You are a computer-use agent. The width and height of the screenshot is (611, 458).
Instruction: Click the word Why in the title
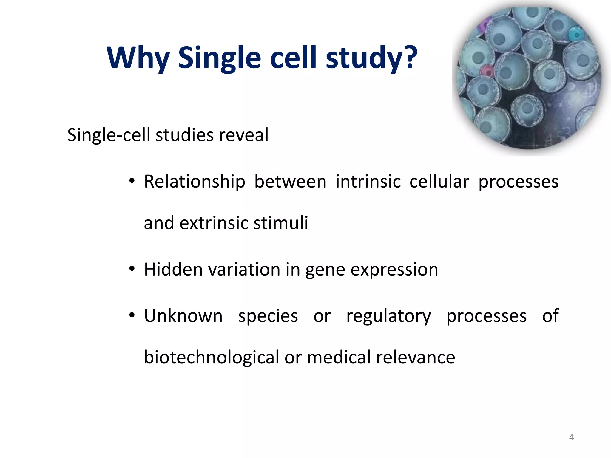pyautogui.click(x=138, y=58)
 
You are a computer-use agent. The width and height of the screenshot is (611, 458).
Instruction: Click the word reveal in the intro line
pyautogui.click(x=243, y=135)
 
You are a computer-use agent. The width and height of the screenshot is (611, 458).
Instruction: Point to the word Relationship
pyautogui.click(x=195, y=182)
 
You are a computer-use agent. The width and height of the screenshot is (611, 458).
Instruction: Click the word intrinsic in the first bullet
pyautogui.click(x=368, y=182)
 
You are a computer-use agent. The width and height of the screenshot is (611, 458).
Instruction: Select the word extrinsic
pyautogui.click(x=214, y=223)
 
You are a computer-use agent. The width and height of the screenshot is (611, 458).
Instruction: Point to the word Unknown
pyautogui.click(x=183, y=316)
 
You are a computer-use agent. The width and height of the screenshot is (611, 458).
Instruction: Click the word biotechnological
pyautogui.click(x=211, y=358)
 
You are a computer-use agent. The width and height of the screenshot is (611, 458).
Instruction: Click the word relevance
pyautogui.click(x=415, y=358)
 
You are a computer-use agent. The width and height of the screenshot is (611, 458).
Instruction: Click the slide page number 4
pyautogui.click(x=571, y=437)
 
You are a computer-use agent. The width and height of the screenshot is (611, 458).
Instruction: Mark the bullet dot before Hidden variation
pyautogui.click(x=132, y=269)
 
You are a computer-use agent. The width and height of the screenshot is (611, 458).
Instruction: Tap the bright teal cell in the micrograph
pyautogui.click(x=576, y=34)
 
